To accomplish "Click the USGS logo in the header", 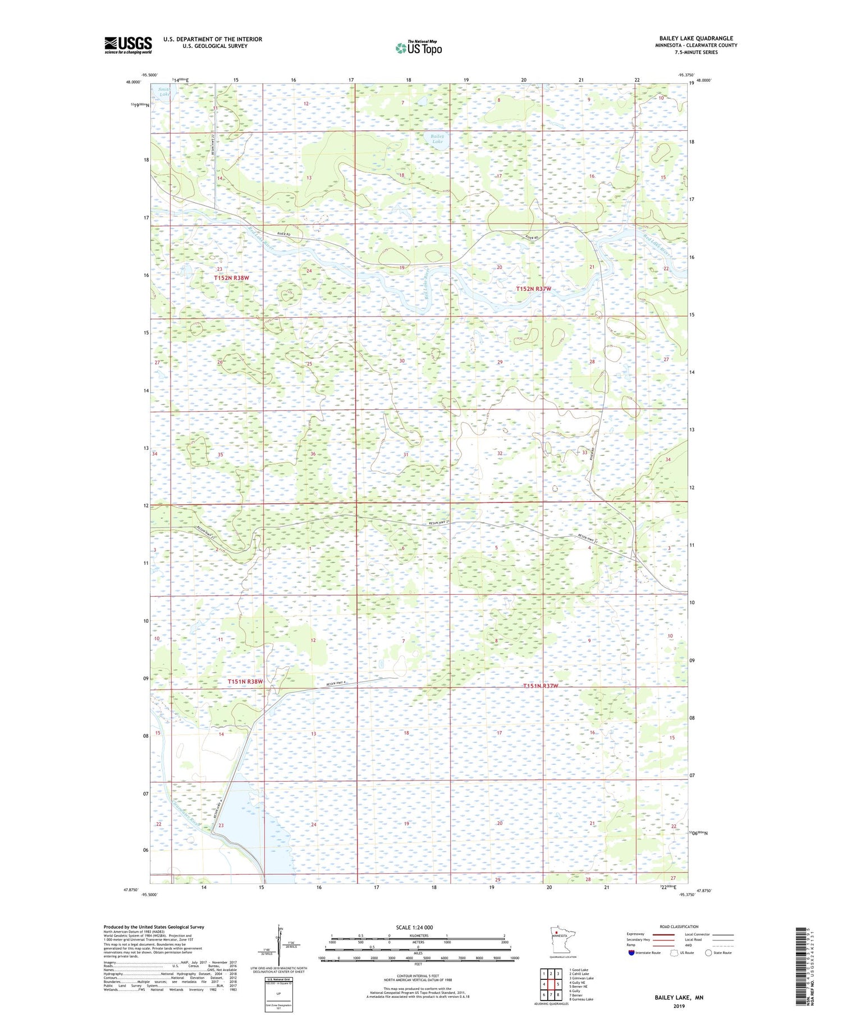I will click(x=128, y=45).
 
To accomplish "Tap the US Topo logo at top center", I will click(x=418, y=48).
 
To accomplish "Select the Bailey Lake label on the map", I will click(x=437, y=139).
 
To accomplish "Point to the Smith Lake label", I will click(x=164, y=92).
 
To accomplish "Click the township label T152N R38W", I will click(x=231, y=278).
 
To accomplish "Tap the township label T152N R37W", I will click(x=533, y=289).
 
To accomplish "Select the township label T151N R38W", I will click(x=245, y=682).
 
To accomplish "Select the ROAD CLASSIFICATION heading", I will click(x=679, y=926).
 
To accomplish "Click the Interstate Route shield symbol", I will click(x=631, y=953).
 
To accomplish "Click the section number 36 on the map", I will click(x=313, y=454).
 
